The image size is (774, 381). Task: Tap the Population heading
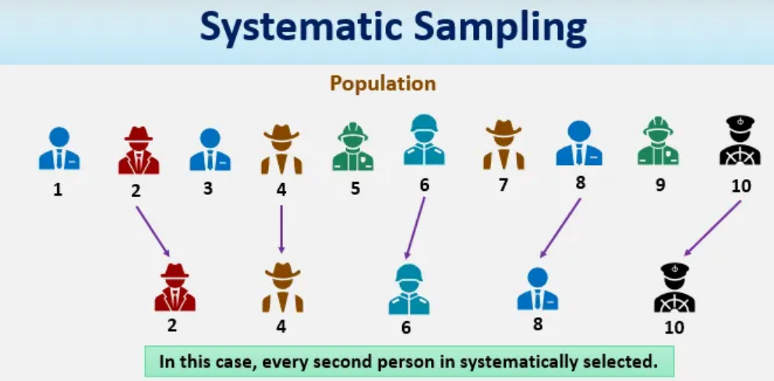click(x=383, y=83)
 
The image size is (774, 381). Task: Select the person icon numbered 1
click(x=59, y=149)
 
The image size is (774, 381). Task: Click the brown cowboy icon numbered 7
click(x=504, y=145)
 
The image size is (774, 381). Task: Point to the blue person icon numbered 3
click(x=210, y=150)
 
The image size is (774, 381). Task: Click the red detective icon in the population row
click(x=139, y=150)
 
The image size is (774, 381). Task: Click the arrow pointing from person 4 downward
click(x=281, y=229)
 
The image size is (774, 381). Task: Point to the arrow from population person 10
click(x=712, y=228)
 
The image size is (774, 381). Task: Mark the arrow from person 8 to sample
click(x=560, y=228)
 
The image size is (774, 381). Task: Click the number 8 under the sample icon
click(x=538, y=324)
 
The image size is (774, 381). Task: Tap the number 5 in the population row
click(x=355, y=189)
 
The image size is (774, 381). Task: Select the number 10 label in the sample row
click(x=674, y=327)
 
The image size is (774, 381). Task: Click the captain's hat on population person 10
click(x=740, y=122)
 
